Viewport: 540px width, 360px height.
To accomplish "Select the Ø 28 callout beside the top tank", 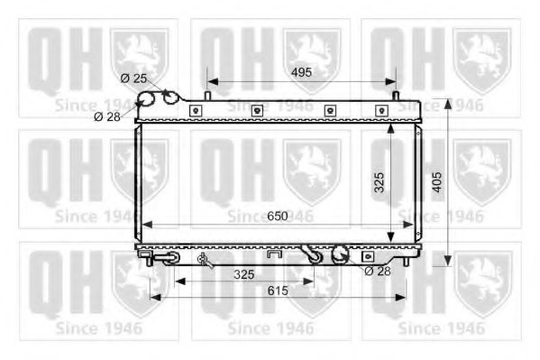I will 107,115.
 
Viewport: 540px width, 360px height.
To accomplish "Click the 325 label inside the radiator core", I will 380,183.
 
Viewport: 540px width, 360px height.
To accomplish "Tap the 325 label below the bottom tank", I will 243,272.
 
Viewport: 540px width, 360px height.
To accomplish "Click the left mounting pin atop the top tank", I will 208,93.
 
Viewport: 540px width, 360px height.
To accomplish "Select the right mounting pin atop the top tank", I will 396,93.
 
